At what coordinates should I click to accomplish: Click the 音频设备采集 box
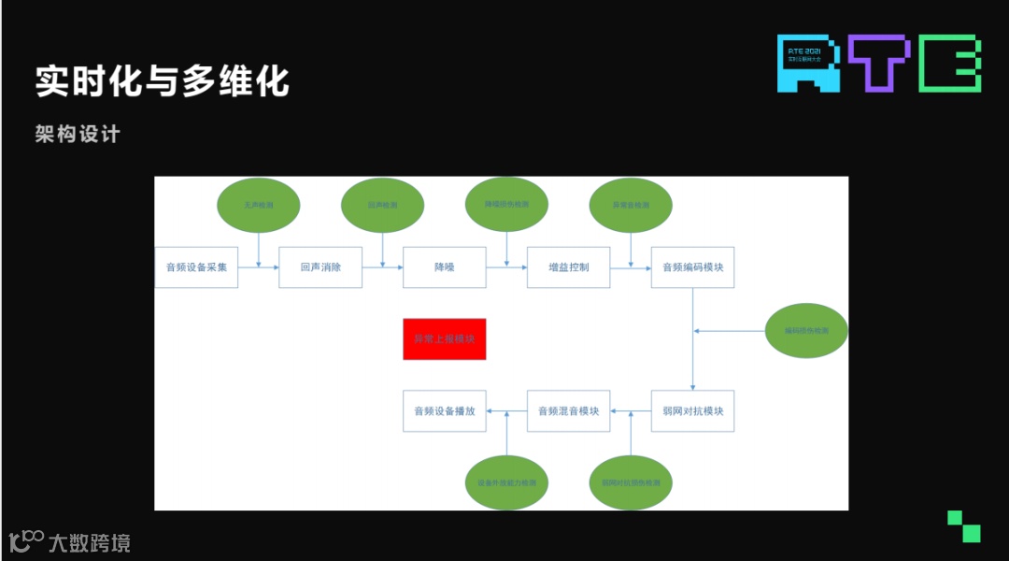click(196, 267)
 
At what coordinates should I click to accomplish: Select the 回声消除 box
click(320, 267)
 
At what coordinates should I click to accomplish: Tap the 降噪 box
click(445, 267)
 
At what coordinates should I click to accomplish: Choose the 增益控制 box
click(568, 267)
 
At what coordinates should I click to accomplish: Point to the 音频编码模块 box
click(692, 267)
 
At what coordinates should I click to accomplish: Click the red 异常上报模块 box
click(445, 338)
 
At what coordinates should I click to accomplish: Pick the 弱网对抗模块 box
click(692, 410)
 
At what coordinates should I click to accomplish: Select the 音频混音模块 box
click(568, 410)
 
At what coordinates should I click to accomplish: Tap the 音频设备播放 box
click(445, 410)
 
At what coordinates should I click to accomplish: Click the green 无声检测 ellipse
click(259, 204)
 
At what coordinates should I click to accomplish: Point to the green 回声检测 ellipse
click(383, 204)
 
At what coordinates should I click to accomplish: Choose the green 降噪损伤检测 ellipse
click(506, 204)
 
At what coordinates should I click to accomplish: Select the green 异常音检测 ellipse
click(631, 204)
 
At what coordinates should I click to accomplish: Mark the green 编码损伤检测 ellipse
click(806, 330)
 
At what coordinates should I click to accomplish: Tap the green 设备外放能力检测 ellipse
click(506, 482)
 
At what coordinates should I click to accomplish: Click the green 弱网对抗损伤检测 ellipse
click(631, 482)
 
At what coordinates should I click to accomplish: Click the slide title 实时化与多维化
click(163, 81)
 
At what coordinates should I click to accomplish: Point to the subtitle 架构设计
click(78, 134)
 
